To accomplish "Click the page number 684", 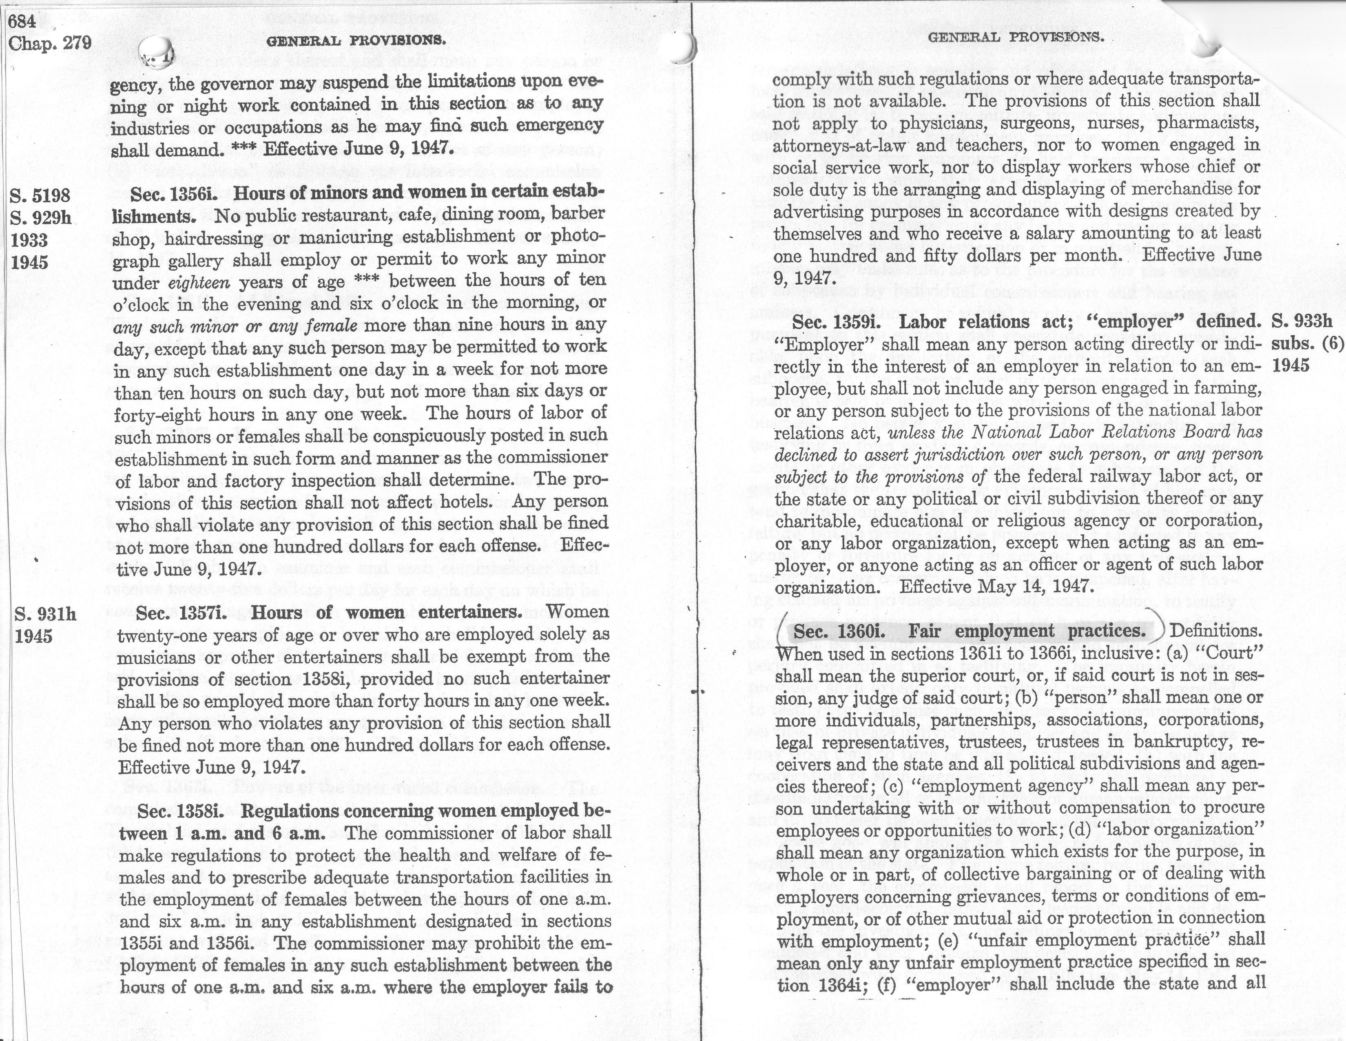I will [x=22, y=20].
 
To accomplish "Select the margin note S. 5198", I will [x=40, y=195].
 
